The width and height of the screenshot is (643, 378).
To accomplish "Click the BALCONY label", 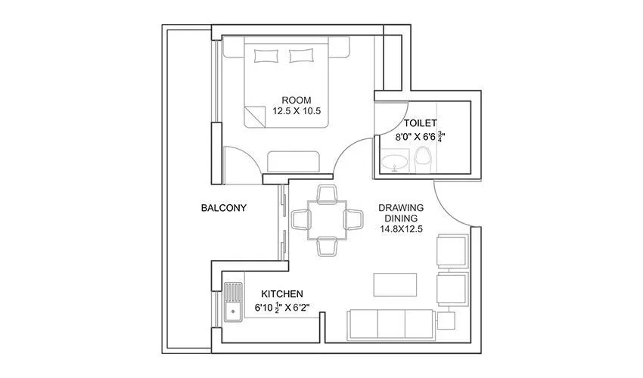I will pyautogui.click(x=223, y=207).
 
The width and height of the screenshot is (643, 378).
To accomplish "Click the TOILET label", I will pyautogui.click(x=421, y=122).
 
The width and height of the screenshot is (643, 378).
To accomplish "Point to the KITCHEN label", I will pyautogui.click(x=282, y=293).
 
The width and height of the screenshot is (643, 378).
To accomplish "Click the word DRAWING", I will pyautogui.click(x=400, y=207).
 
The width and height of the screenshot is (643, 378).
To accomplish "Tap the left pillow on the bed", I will pyautogui.click(x=266, y=54).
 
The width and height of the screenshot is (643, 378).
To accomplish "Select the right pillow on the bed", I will pyautogui.click(x=302, y=54).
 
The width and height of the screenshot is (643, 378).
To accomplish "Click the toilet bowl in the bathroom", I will pyautogui.click(x=423, y=159).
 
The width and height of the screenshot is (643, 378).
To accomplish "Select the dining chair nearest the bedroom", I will pyautogui.click(x=326, y=194).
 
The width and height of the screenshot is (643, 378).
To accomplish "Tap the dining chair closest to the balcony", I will pyautogui.click(x=300, y=219).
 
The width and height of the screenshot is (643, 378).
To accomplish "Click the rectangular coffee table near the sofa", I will pyautogui.click(x=396, y=285).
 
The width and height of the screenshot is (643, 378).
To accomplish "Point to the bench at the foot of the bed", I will pyautogui.click(x=296, y=162).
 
